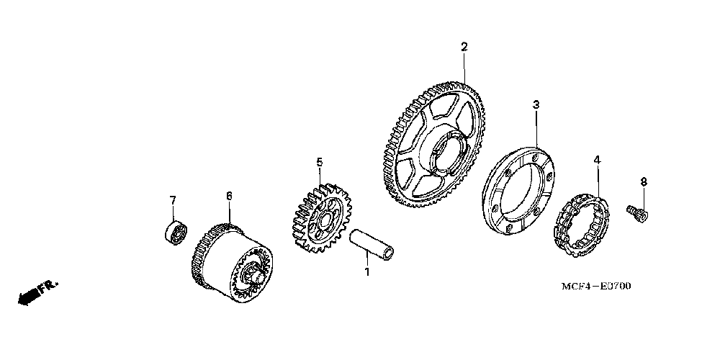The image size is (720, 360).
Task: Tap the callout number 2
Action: click(464, 47)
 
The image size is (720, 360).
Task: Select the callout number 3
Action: click(536, 105)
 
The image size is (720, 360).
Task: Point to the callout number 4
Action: click(595, 159)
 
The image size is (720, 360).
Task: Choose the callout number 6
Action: click(229, 195)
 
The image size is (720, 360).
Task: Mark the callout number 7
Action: click(173, 199)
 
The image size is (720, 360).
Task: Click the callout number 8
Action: click(644, 181)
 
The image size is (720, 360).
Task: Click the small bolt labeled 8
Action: click(638, 212)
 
